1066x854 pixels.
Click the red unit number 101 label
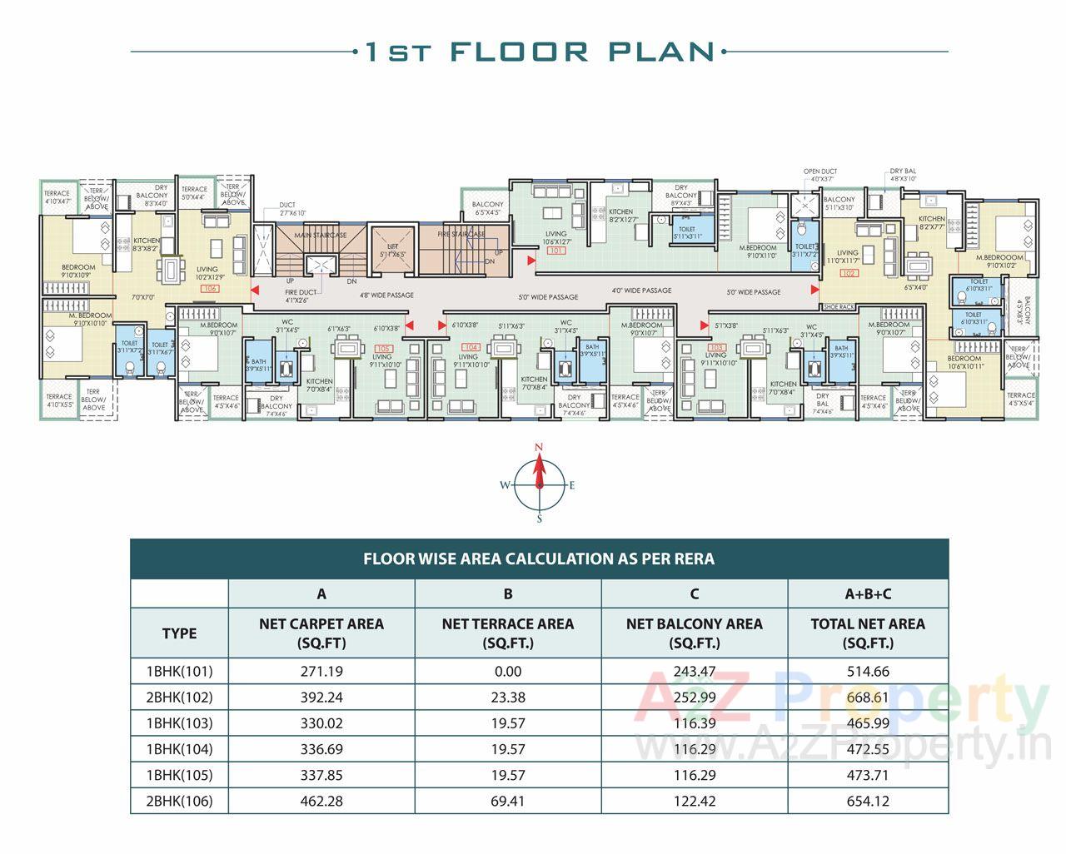tap(556, 250)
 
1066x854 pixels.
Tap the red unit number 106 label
tap(209, 288)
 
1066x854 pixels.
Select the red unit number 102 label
tap(849, 272)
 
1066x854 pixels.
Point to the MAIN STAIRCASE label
tap(321, 236)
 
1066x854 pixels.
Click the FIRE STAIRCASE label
tap(461, 235)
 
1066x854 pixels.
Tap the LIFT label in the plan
tap(392, 246)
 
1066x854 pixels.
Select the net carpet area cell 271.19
tap(321, 672)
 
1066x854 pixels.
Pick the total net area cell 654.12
tap(868, 802)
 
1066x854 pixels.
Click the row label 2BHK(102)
tap(179, 698)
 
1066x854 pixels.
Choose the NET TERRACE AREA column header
tap(507, 633)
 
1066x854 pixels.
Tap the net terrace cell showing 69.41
tap(507, 802)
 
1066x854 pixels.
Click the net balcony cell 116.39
tap(694, 723)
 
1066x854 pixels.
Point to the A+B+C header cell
tap(868, 594)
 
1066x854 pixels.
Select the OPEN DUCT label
tap(820, 171)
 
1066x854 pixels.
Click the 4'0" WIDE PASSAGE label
tap(641, 290)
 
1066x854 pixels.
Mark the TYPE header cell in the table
tap(179, 633)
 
